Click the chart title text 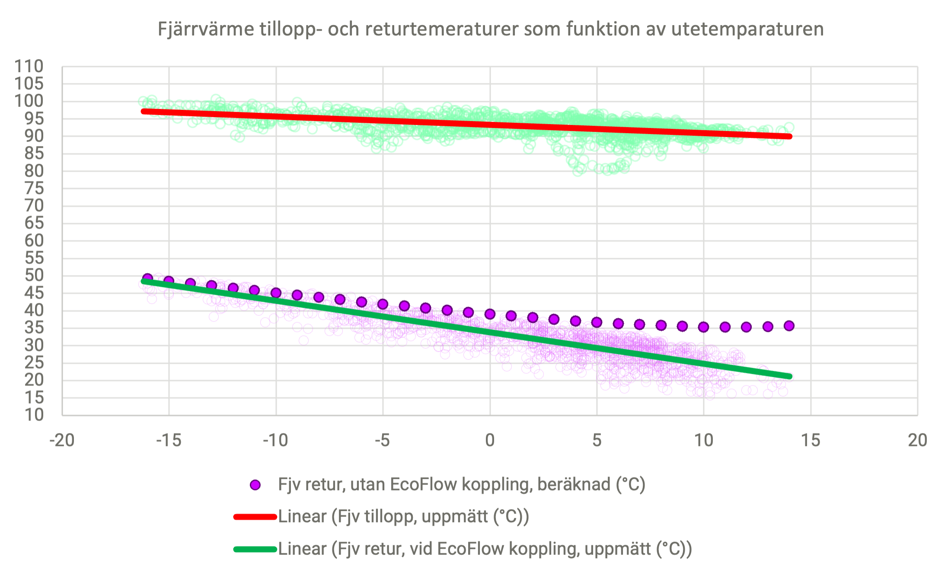pos(490,29)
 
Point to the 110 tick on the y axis pos(29,67)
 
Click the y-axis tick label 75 pos(34,188)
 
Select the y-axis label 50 pos(34,275)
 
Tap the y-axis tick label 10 pos(34,415)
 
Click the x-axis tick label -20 pos(62,440)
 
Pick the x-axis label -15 pos(169,440)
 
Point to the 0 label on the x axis pos(490,440)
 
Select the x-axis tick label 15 pos(811,440)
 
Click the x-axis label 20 pos(917,440)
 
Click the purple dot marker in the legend pos(255,485)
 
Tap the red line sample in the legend pos(255,517)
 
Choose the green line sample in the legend pos(255,549)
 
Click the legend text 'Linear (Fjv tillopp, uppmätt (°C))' pos(403,517)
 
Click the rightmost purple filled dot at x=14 pos(789,326)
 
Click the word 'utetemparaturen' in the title pos(748,29)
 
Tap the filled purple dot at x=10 pos(703,327)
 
